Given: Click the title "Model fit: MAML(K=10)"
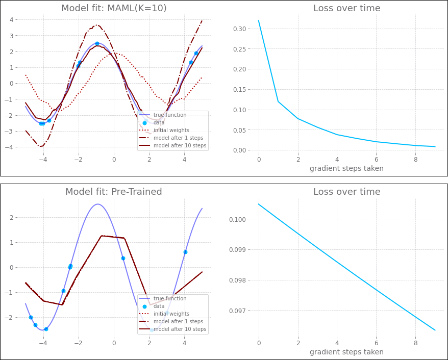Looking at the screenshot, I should pyautogui.click(x=114, y=8).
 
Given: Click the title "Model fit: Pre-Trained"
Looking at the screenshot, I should pyautogui.click(x=114, y=192).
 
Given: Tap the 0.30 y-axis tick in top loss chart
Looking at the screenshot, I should pyautogui.click(x=239, y=29).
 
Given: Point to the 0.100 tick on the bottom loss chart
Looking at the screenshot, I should pyautogui.click(x=238, y=219).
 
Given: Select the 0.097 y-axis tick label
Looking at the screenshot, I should pyautogui.click(x=238, y=311).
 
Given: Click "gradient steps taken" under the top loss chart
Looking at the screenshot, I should pyautogui.click(x=346, y=168).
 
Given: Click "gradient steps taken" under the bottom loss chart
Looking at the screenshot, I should pyautogui.click(x=346, y=352).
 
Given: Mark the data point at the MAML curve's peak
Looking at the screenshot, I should pyautogui.click(x=97, y=44).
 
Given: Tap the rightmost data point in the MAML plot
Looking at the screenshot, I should pyautogui.click(x=196, y=53).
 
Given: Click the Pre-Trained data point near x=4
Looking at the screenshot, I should pyautogui.click(x=185, y=252).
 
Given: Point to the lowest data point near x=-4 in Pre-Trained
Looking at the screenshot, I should pyautogui.click(x=46, y=329).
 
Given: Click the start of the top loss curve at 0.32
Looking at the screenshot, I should pyautogui.click(x=259, y=20).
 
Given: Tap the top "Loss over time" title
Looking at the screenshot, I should pyautogui.click(x=346, y=8).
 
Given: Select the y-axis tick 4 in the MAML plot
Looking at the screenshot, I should pyautogui.click(x=11, y=19).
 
